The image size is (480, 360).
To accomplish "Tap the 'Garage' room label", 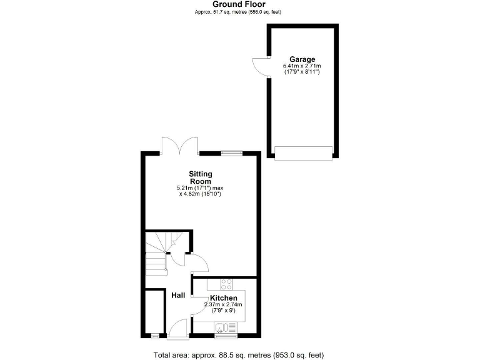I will coord(302,59).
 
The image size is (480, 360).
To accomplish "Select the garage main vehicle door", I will coord(303,152).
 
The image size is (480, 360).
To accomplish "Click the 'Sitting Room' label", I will coord(201,177).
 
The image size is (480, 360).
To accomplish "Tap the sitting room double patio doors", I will coord(180,146).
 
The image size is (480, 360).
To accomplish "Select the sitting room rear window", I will coord(232,152).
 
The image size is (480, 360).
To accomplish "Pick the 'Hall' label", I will coord(178,295).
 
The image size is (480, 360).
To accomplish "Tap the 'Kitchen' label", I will coord(223,297).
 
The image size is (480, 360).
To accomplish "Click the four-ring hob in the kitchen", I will coord(226,283).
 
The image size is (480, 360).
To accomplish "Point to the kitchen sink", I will coord(222,327).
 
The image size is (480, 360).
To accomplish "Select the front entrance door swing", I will coord(179,327).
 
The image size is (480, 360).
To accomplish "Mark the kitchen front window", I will coord(223,336).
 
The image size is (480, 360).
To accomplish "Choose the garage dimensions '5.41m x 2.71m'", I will coord(302,66).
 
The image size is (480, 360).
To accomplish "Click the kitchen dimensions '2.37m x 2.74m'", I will coord(223,304).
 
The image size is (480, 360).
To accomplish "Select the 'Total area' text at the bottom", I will coord(239,355).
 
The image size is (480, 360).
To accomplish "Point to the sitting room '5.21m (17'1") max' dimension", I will coord(201,187).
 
